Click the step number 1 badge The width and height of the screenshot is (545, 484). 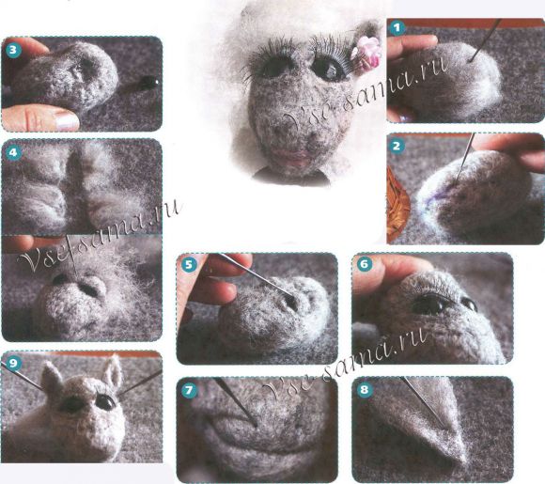397,28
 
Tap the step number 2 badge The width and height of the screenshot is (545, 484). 397,147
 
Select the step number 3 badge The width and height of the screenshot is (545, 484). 12,50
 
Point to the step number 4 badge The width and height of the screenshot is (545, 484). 12,152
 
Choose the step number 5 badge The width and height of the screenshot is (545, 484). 188,265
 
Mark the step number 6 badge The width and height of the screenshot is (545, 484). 364,264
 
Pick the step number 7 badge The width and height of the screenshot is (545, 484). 189,390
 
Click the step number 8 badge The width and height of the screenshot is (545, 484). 364,389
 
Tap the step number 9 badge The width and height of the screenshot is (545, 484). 12,364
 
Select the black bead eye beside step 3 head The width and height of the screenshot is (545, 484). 150,82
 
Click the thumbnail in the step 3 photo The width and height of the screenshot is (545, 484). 67,120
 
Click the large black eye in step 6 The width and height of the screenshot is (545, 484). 429,304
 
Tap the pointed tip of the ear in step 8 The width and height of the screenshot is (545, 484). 466,461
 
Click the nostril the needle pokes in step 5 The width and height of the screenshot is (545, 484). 291,302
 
